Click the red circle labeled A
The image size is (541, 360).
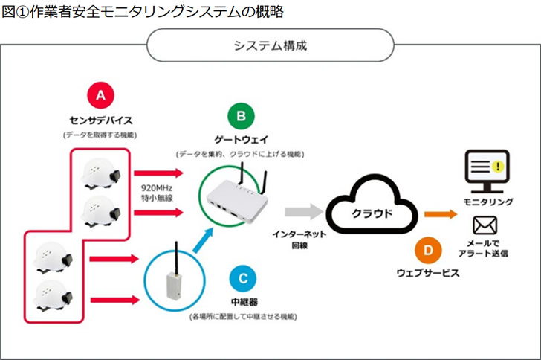click(101, 95)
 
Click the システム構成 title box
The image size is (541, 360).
click(270, 45)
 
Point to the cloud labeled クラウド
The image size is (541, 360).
click(371, 211)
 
